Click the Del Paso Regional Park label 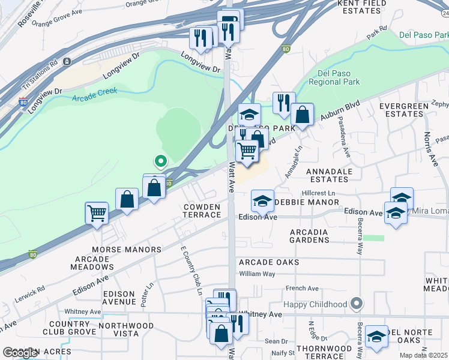339,77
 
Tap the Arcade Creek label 94,95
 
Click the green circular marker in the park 160,161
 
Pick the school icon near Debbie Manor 262,202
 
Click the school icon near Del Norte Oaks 376,337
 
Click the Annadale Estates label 329,175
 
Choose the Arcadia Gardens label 309,236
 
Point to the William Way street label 257,274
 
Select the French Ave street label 302,289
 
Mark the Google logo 20,353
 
